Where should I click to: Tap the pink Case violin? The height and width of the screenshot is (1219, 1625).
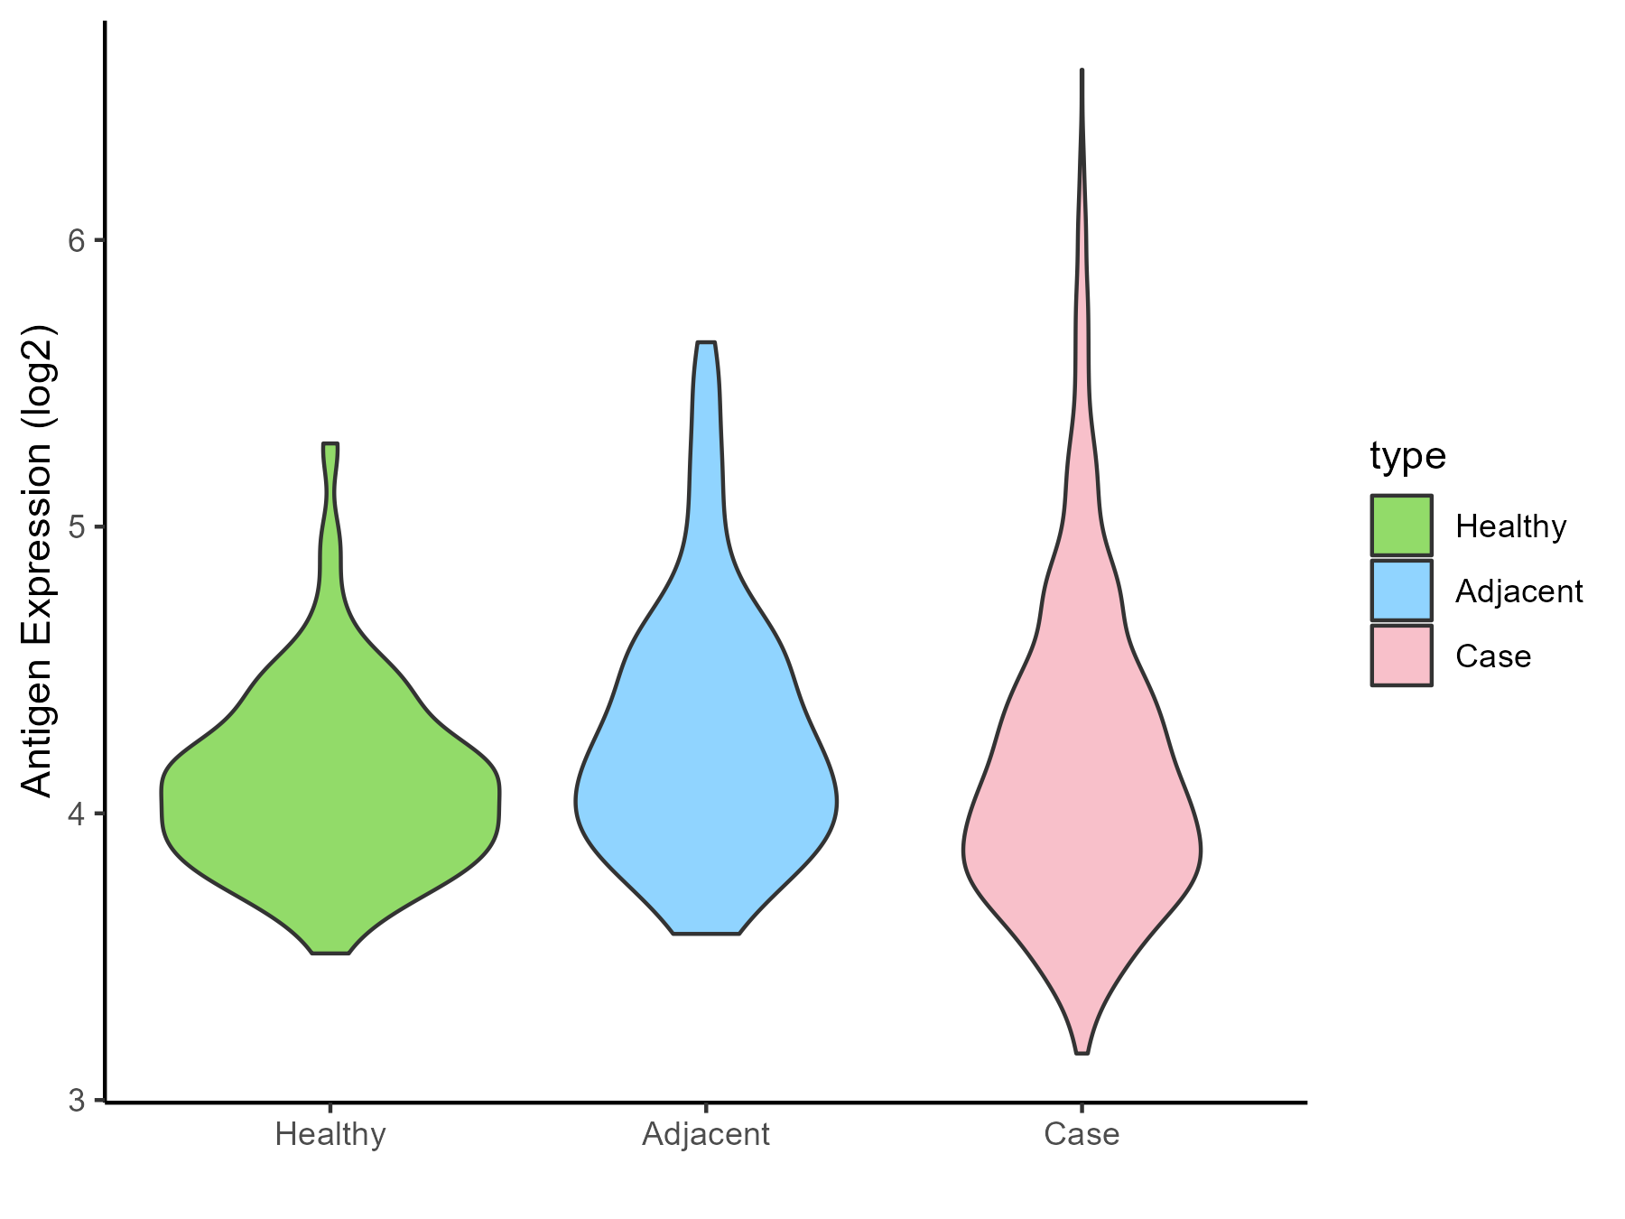1082,813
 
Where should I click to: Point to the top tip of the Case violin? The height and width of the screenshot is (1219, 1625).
1082,71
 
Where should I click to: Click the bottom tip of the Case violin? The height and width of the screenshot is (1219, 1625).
1082,1051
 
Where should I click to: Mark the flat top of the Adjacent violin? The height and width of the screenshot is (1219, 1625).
706,344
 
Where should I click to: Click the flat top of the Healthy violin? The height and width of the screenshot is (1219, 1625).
330,445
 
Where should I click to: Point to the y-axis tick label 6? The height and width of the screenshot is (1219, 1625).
76,240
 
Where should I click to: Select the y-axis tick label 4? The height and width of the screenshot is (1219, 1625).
76,814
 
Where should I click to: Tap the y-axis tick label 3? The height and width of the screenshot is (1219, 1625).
76,1101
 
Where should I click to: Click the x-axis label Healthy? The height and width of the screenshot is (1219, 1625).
330,1134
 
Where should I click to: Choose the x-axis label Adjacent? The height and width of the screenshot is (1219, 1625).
706,1134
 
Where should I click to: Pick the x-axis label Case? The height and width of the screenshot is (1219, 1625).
1082,1134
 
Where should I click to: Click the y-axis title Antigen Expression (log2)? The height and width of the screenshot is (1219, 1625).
38,560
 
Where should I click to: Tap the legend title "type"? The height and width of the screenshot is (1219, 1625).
1407,456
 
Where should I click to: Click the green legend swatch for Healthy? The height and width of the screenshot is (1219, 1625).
1401,526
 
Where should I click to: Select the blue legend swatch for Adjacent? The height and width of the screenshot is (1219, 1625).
1401,591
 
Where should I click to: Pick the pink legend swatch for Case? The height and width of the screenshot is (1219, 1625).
1401,656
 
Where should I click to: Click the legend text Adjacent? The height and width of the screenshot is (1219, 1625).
1519,591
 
